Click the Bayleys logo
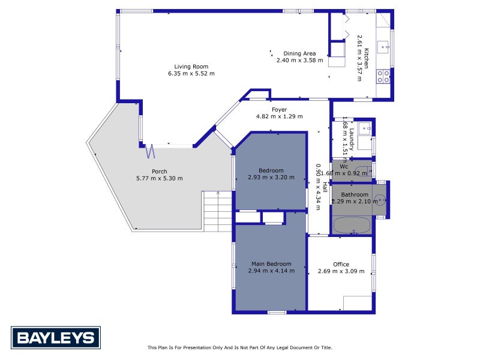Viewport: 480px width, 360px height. point(56,338)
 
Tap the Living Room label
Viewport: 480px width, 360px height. point(191,67)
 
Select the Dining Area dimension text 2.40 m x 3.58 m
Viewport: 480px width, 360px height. point(299,61)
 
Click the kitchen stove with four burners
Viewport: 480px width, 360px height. point(383,76)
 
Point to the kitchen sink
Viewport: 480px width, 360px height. point(383,47)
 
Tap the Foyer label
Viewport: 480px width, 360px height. point(279,110)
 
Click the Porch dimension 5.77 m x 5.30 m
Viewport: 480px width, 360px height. point(160,178)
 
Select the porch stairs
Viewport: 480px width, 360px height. point(218,211)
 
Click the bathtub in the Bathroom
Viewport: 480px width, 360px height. point(352,225)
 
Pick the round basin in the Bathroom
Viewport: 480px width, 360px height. point(380,200)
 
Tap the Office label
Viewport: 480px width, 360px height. point(341,264)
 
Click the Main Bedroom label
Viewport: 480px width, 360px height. point(271,263)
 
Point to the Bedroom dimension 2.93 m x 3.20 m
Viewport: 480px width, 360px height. point(271,177)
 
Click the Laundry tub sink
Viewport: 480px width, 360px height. point(365,128)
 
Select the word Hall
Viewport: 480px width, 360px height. point(325,187)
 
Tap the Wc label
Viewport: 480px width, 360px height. point(344,167)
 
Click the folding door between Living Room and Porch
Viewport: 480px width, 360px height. point(150,151)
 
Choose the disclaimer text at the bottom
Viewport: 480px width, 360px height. point(239,347)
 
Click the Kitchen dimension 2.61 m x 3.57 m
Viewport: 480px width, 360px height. point(359,58)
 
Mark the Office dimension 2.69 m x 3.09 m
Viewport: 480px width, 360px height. point(341,271)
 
